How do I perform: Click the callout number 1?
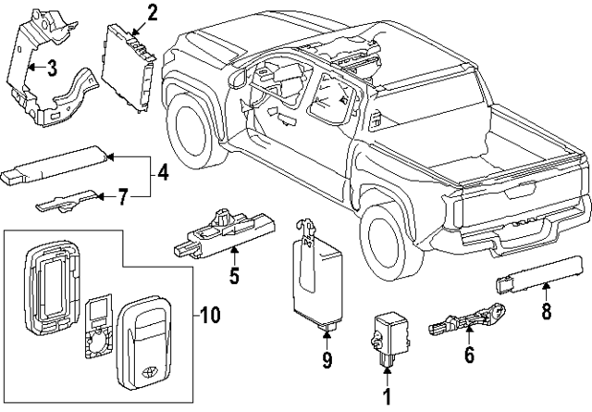(387, 397)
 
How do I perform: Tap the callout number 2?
(151, 12)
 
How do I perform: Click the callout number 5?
(234, 275)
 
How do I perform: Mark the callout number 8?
(546, 312)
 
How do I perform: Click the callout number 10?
(210, 316)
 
